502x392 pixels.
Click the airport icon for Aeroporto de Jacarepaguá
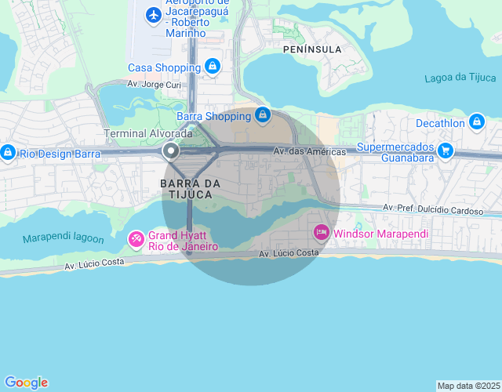tap(153, 15)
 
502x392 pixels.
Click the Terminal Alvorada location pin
tap(170, 151)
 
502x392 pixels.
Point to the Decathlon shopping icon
tap(476, 122)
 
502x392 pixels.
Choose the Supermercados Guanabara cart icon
tap(446, 150)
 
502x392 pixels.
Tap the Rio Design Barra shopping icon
tap(8, 152)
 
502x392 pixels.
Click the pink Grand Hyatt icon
tap(136, 238)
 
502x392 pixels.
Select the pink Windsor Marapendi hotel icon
tap(321, 233)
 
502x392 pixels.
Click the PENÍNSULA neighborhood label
tap(311, 49)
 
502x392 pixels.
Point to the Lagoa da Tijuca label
tap(460, 78)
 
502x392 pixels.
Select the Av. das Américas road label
tap(310, 151)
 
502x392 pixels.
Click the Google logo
tap(26, 383)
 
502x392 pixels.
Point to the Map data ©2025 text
tap(468, 386)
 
